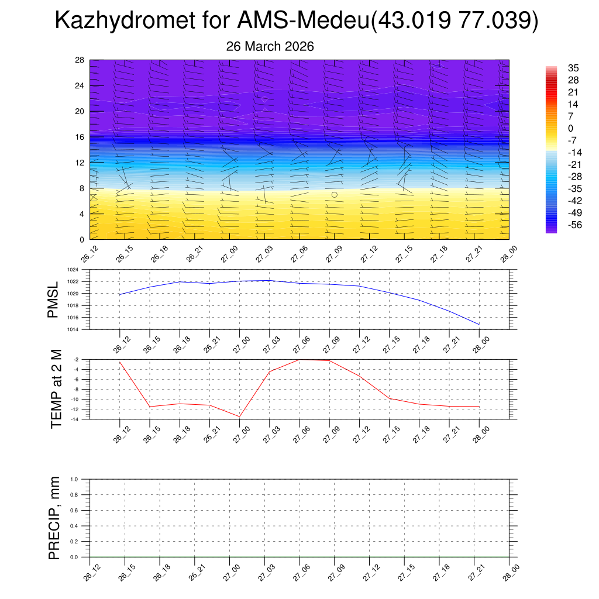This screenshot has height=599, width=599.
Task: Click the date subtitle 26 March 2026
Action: point(270,46)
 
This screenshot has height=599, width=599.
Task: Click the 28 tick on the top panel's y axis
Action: point(80,60)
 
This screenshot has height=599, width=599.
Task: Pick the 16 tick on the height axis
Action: point(80,137)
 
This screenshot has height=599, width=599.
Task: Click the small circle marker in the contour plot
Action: point(335,194)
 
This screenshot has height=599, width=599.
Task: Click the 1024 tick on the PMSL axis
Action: point(72,270)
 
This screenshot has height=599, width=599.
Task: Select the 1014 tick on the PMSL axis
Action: point(72,329)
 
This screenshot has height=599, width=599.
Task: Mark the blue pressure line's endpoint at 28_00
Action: point(479,324)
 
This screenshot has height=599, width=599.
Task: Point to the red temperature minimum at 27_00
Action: point(239,416)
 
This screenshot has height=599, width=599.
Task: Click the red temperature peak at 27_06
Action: point(299,359)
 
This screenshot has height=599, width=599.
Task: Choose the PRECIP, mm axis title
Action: point(54,518)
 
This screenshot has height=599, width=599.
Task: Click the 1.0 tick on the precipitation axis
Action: point(74,479)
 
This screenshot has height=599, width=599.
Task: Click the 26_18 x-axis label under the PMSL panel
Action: point(178,342)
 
